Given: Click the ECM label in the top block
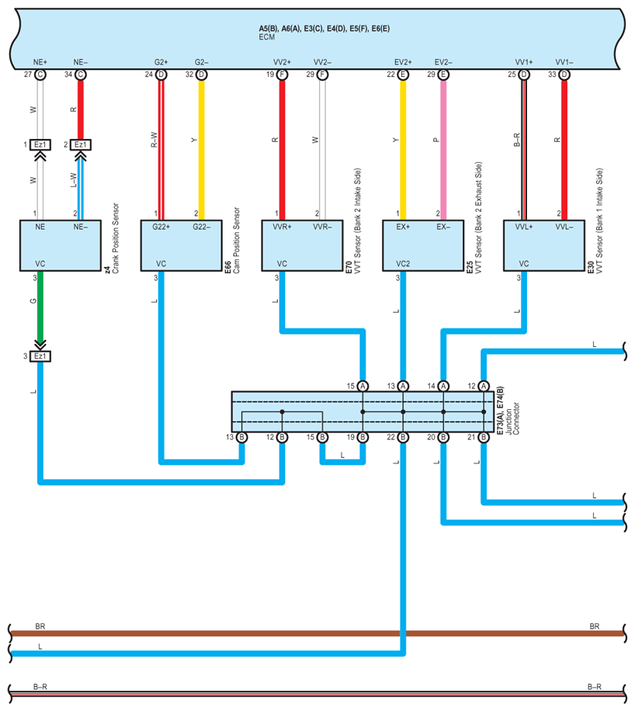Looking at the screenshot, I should pos(267,36).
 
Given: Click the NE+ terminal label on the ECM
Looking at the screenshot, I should pos(40,61).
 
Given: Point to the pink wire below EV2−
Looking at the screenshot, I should pos(443,147).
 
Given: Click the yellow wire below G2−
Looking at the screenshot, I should pos(201,147).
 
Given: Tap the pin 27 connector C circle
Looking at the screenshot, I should pos(40,75).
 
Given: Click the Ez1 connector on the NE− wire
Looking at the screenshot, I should pos(80,144).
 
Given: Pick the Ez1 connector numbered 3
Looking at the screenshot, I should pos(40,356).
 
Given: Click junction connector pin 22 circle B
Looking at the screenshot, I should pos(403,438).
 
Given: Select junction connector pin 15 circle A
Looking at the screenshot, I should pos(363,386).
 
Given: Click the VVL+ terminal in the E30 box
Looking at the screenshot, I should pos(523,227).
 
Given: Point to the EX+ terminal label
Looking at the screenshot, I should pos(402,227).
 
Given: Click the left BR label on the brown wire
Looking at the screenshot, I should pos(40,626).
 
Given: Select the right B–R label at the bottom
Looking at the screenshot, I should pos(594,686).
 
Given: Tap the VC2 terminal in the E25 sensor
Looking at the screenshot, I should pos(402,264).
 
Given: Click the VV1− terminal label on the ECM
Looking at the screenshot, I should pos(564,61).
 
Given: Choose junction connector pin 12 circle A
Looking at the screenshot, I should pos(484,386).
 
